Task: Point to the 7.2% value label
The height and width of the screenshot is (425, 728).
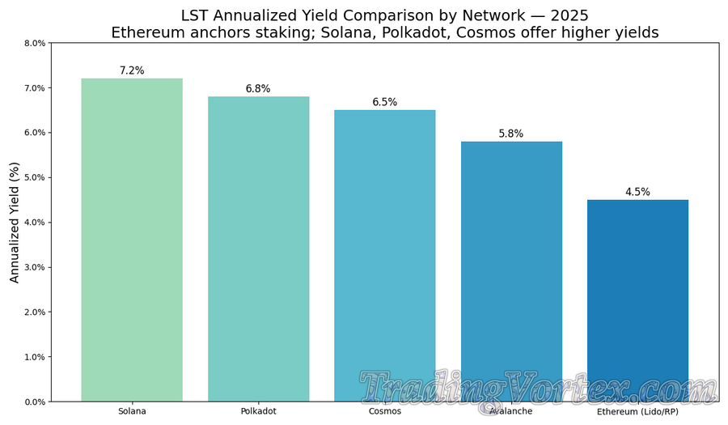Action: click(132, 70)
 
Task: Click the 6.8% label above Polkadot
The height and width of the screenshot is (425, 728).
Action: click(258, 88)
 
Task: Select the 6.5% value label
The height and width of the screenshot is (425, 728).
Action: click(385, 102)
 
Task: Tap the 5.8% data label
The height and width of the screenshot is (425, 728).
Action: click(511, 134)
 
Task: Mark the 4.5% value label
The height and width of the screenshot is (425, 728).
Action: click(637, 192)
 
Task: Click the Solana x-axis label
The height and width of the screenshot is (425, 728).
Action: click(132, 411)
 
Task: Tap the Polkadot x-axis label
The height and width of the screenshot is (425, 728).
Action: click(258, 411)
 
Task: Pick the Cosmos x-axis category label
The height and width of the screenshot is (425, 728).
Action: click(385, 411)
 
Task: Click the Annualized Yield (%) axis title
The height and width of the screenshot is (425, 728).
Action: click(14, 222)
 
